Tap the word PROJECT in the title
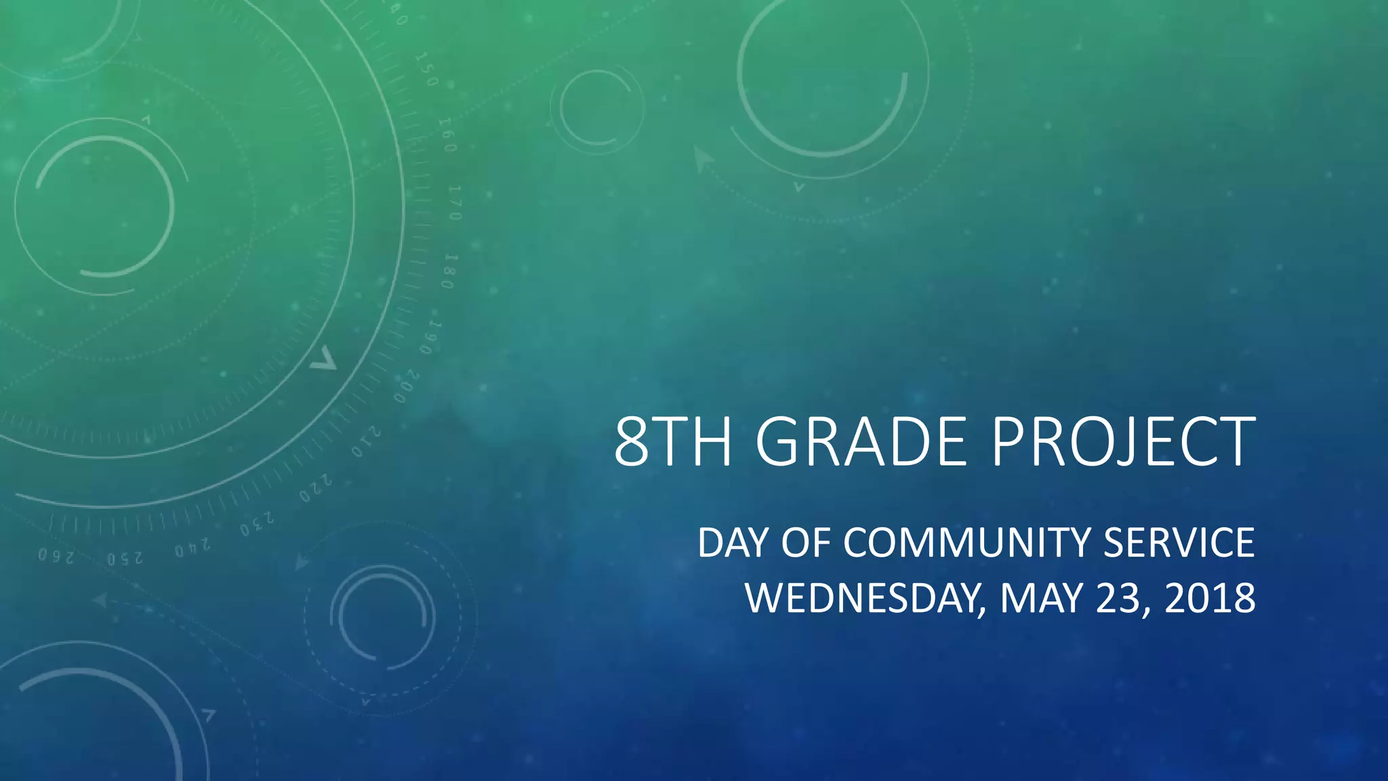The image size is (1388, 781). [x=1124, y=442]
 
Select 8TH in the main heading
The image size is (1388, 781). [x=672, y=442]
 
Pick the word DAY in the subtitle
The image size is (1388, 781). [x=734, y=543]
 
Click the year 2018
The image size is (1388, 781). [x=1210, y=599]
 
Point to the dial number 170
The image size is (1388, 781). [x=454, y=202]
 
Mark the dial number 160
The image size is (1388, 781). [x=445, y=134]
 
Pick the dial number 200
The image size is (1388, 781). [x=407, y=386]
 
